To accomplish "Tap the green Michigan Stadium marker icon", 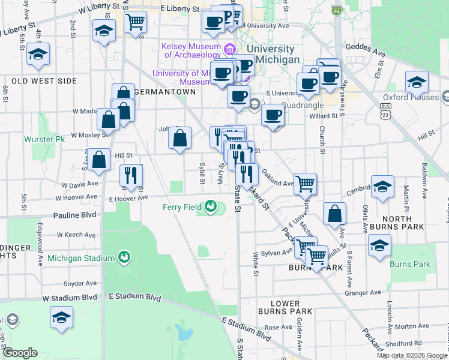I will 124,258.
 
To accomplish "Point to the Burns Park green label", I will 409,264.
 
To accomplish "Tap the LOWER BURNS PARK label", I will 285,307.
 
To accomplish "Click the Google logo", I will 20,353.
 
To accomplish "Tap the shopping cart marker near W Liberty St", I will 135,22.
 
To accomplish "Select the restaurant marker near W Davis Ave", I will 131,175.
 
